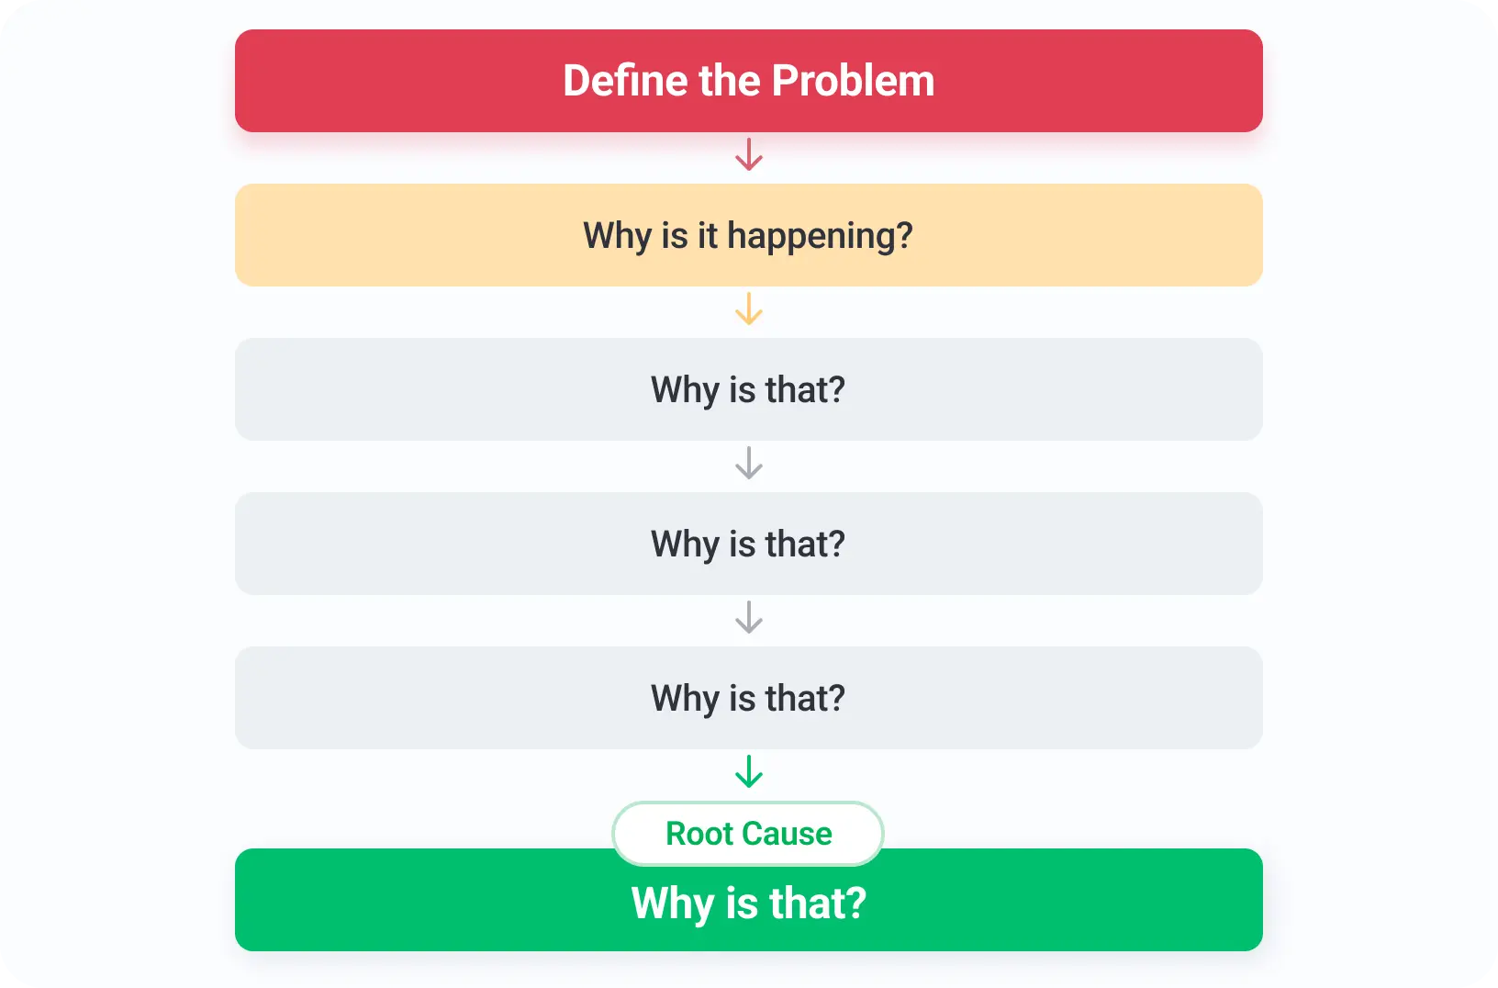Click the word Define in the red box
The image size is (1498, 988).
[x=624, y=80]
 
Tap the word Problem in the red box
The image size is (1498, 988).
[x=853, y=80]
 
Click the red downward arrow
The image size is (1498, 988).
[x=748, y=154]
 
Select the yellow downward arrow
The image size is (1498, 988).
[x=748, y=309]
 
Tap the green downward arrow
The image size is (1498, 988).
[x=748, y=771]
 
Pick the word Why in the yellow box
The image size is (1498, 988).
[x=617, y=237]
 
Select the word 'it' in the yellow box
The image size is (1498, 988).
[x=708, y=235]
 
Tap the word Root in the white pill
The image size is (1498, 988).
[x=699, y=834]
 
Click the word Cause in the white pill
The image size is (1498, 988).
[x=788, y=834]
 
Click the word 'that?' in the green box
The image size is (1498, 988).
[x=818, y=903]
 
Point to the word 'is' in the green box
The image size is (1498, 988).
[x=742, y=903]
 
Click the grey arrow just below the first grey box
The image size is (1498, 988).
[x=748, y=463]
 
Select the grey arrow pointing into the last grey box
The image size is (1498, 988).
[x=748, y=617]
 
